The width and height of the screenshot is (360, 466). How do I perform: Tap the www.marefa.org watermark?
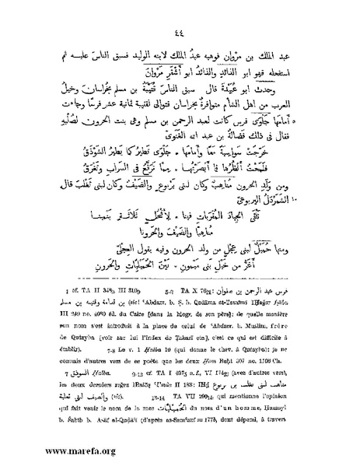[x=49, y=450]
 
